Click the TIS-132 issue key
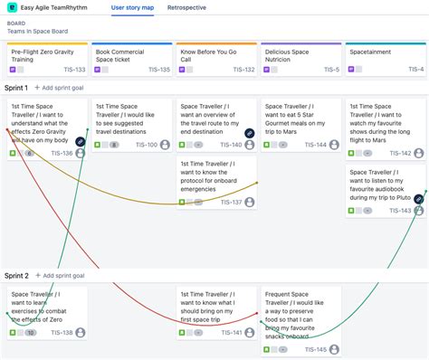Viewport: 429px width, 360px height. click(x=243, y=69)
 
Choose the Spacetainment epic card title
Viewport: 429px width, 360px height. click(x=371, y=52)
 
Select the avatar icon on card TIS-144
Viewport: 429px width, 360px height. click(x=334, y=145)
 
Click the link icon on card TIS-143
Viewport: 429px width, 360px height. click(x=419, y=197)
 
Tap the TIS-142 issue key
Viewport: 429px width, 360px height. click(x=400, y=153)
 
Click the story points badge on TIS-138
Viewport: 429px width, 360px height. click(x=31, y=333)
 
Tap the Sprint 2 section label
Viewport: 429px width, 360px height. click(x=16, y=275)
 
